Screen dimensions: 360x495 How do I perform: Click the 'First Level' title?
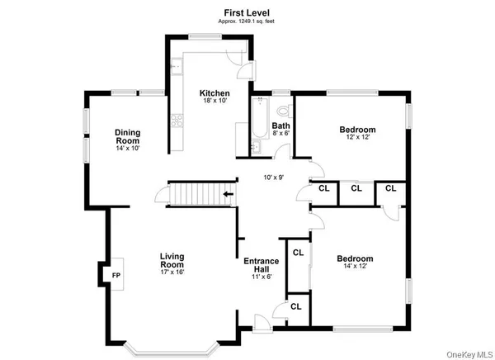pos(248,12)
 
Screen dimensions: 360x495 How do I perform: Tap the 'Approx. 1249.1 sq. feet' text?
pos(248,21)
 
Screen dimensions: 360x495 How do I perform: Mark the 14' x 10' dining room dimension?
pos(127,149)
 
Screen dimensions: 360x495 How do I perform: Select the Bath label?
pos(281,125)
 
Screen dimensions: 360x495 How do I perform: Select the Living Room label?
pos(172,261)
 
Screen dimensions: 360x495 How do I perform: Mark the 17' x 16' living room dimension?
pos(172,272)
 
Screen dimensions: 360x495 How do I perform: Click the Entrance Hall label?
pos(261,266)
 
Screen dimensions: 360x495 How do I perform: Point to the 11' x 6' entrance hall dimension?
pos(261,277)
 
